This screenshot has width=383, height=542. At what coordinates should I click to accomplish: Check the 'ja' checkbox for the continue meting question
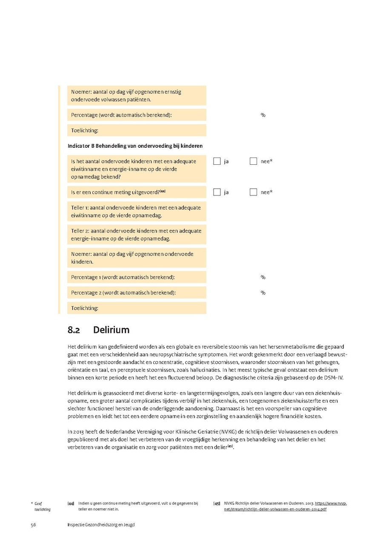[217, 192]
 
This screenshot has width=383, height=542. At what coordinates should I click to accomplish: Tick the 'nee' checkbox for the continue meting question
[254, 192]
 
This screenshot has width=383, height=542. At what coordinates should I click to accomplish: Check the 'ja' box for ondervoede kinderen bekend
[217, 161]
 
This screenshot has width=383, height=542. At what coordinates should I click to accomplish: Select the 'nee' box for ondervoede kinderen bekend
[254, 161]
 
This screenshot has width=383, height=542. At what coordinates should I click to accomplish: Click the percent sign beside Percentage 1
[263, 277]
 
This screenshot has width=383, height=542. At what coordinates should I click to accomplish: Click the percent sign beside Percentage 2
[263, 293]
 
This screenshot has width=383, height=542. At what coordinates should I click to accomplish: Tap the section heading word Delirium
[111, 330]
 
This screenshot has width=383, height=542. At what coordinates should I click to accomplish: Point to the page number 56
[33, 525]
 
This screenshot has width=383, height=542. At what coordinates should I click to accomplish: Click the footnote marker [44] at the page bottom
[71, 504]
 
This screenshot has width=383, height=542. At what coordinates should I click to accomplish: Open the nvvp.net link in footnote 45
[286, 506]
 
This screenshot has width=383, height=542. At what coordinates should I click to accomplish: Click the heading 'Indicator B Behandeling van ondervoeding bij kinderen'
[135, 146]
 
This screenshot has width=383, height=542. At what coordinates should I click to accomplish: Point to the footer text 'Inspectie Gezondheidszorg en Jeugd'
[101, 525]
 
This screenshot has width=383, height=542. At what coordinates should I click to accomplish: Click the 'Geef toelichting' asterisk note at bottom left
[42, 506]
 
